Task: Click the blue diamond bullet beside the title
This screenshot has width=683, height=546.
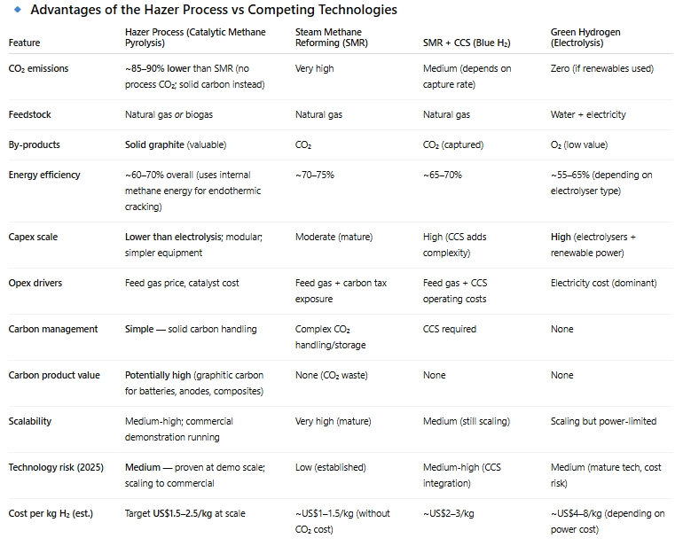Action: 16,10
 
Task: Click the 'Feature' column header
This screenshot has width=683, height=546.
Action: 24,43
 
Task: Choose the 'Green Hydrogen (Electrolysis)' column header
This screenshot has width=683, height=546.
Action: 585,37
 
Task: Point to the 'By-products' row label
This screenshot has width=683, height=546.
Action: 35,144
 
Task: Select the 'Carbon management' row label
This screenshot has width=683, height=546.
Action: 53,329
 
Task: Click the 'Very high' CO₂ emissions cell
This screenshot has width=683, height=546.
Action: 314,68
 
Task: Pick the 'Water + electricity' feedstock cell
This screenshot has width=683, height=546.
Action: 588,114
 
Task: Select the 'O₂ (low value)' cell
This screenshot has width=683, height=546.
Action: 579,144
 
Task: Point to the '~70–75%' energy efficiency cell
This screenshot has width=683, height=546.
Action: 315,175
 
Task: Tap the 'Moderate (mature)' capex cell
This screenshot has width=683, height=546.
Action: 334,237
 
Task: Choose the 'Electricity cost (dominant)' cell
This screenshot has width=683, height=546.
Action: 604,283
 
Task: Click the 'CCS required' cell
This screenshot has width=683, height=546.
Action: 450,329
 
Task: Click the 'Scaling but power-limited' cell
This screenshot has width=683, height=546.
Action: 604,421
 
